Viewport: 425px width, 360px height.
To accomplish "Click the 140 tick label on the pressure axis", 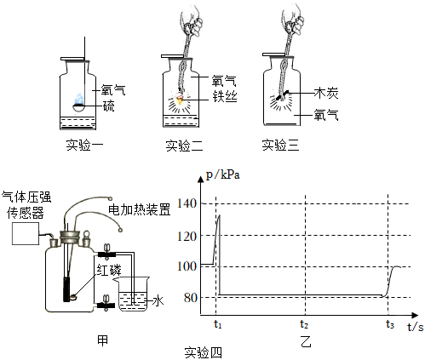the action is point(187,203).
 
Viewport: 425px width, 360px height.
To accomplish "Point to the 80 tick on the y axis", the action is point(190,297).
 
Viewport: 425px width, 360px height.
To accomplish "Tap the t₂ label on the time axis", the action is point(304,324).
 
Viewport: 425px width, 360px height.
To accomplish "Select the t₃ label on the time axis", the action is point(390,324).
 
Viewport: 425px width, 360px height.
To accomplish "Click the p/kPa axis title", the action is point(223,174).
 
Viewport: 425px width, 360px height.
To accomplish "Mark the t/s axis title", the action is point(416,327).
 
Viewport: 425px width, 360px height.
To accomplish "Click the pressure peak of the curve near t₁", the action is point(219,215).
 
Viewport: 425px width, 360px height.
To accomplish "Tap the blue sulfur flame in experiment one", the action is point(78,99).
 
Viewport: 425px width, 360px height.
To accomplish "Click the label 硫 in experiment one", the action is point(108,106).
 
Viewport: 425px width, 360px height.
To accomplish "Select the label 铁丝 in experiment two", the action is point(225,97).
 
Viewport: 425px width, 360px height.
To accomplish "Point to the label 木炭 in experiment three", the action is point(326,93).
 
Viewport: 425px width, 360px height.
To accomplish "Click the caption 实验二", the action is point(185,146).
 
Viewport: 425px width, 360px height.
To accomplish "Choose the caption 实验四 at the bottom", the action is point(204,353).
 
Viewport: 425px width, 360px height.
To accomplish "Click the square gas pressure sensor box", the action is point(26,233).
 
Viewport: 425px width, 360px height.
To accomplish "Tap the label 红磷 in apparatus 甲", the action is point(109,270).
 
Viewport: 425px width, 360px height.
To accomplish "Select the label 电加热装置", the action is point(140,209).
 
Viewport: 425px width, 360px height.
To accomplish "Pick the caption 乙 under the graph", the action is point(306,341).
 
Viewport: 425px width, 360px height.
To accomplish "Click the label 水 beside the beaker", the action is point(158,300).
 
